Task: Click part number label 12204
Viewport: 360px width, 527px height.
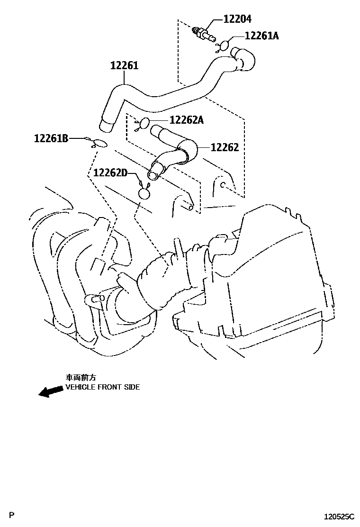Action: (238, 19)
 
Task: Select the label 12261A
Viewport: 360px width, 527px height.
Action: (261, 36)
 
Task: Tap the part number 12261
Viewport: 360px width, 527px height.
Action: (125, 66)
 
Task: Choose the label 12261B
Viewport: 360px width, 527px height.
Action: (51, 138)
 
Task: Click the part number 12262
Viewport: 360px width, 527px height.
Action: (225, 147)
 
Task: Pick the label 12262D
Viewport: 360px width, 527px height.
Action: (110, 173)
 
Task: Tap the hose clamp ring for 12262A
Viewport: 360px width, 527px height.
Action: (144, 123)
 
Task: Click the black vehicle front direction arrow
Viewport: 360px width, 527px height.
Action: (51, 391)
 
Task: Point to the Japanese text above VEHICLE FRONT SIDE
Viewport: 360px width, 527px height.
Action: (81, 378)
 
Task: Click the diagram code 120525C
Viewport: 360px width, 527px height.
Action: (339, 516)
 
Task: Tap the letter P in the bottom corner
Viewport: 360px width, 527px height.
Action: (13, 514)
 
